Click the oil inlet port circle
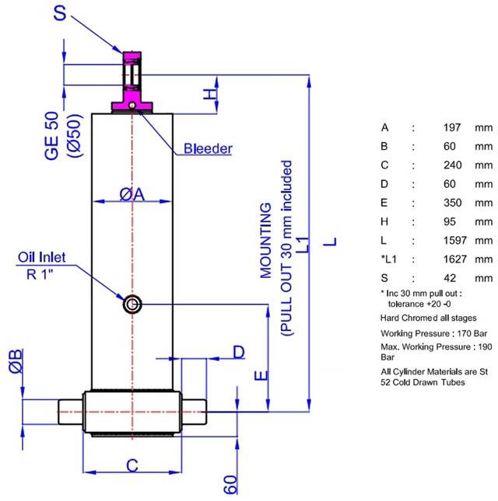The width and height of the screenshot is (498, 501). pos(132,304)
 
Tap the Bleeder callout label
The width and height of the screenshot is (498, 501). pos(208,148)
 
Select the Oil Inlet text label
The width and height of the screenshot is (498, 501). pos(41,257)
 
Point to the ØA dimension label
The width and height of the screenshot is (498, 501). pos(132,194)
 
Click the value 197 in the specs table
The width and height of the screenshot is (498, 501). pos(452,128)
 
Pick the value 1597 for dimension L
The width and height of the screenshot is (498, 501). pos(455,240)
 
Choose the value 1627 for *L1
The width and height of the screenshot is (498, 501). pos(455,259)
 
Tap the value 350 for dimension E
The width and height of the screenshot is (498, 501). pos(453,203)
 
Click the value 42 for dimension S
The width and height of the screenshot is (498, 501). pos(450,278)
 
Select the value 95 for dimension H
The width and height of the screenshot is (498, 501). pos(450,221)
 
